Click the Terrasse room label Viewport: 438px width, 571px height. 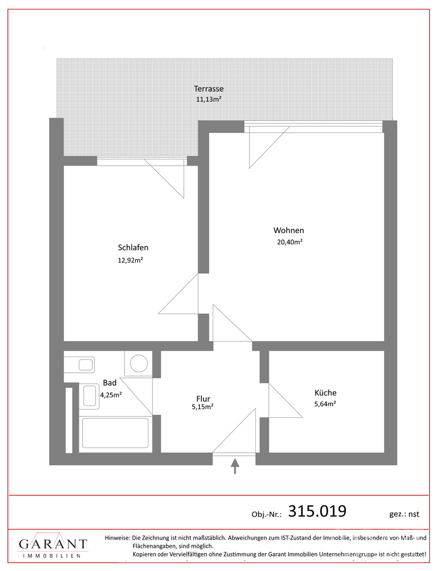coord(209,88)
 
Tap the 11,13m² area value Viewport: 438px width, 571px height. coord(209,99)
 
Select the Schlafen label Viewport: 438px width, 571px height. coord(133,248)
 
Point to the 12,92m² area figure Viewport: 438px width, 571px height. coord(130,260)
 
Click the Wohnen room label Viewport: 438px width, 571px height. coord(289,230)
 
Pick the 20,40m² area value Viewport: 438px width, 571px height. coord(290,242)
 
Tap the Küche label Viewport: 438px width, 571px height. coord(325,392)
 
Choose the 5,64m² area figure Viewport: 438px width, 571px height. coord(325,403)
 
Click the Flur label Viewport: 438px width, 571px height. coord(203,399)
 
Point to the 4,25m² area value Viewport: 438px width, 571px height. coord(111,395)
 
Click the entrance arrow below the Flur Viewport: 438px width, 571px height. coord(235,466)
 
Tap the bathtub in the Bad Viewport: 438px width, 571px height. coord(115,433)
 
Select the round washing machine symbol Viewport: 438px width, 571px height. coord(139,363)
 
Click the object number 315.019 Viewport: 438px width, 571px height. coord(317,511)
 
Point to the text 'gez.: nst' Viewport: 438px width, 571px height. coord(404,514)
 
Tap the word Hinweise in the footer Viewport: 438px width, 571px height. coord(117,537)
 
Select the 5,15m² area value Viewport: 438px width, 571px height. coord(202,407)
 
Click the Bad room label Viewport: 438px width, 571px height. coord(109,383)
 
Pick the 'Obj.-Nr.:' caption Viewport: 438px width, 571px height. coord(267,514)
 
